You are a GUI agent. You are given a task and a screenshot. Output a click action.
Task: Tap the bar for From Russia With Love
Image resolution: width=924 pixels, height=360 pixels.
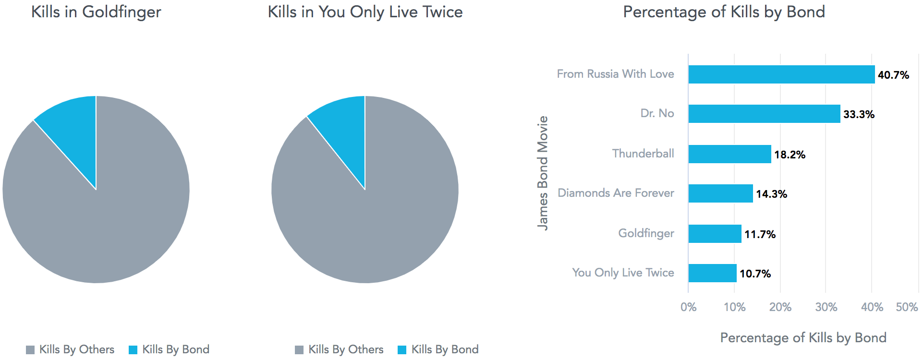point(781,74)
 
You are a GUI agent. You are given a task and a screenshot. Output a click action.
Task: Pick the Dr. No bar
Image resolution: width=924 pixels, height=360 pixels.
point(764,114)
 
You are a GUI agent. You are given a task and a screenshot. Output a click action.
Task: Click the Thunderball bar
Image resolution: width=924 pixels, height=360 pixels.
point(729,154)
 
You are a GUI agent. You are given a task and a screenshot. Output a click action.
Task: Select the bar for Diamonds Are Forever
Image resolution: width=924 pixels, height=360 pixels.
point(720,193)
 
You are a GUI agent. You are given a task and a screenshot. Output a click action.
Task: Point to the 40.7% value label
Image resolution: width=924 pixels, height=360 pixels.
point(893,75)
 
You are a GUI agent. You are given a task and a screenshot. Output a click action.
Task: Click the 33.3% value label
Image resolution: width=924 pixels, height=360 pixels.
point(859,114)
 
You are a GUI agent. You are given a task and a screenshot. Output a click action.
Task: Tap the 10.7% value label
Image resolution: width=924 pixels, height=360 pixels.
point(755,274)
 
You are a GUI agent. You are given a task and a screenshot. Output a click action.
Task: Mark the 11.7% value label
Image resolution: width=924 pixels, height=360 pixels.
point(760,234)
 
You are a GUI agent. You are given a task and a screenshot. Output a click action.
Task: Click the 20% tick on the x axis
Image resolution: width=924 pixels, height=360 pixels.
point(780,307)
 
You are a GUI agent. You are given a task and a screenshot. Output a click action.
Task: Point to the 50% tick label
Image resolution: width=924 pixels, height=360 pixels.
point(907,307)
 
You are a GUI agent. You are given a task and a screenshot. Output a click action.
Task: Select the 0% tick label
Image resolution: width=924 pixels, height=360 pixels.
point(688,307)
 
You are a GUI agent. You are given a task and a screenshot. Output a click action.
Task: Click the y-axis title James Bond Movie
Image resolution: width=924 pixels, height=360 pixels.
point(543,173)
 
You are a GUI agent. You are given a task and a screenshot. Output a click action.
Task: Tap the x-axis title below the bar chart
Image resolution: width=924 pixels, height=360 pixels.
point(803,338)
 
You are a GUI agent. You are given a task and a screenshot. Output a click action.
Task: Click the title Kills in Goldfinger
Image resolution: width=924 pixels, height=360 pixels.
point(96,12)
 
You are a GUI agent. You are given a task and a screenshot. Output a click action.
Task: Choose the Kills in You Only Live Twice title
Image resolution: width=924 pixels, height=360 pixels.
point(365,12)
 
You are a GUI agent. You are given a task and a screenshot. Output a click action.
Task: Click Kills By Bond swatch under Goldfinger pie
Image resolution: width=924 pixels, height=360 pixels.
point(133,350)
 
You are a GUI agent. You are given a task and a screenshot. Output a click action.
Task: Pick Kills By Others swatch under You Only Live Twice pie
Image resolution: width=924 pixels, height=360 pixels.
point(299,350)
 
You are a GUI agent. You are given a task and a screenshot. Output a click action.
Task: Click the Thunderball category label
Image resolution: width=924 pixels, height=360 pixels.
point(643,154)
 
